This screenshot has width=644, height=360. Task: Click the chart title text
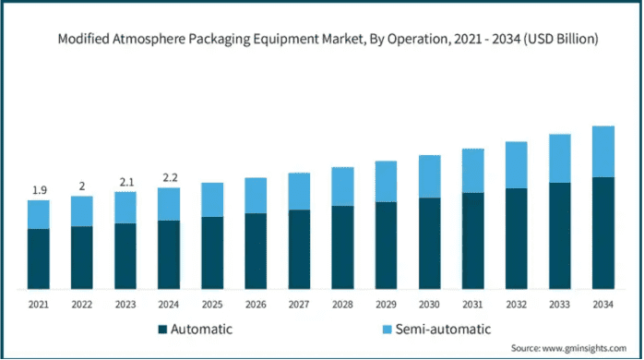(x=328, y=39)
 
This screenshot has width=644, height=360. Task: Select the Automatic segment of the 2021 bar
(x=39, y=258)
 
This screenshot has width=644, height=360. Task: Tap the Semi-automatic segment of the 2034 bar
(x=603, y=151)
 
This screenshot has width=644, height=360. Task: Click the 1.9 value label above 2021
(x=40, y=190)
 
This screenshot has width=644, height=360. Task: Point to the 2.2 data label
(x=170, y=177)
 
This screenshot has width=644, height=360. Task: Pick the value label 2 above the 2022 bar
(x=82, y=186)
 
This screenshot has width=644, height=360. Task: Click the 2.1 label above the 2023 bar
(x=126, y=182)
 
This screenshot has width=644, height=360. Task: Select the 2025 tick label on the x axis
(x=212, y=305)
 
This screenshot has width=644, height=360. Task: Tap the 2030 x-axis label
(x=429, y=305)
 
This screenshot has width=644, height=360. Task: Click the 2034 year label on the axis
(x=602, y=305)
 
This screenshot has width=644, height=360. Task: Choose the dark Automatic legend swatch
(x=162, y=330)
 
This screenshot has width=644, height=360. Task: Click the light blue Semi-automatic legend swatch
(x=387, y=330)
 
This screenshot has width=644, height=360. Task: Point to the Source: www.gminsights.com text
(x=569, y=348)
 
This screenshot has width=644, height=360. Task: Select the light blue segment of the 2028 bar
(x=342, y=186)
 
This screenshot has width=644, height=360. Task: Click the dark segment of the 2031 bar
(x=473, y=241)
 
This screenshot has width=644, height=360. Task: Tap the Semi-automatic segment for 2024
(x=169, y=204)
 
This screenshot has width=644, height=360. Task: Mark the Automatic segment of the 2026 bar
(x=256, y=251)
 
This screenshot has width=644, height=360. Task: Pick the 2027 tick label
(x=299, y=305)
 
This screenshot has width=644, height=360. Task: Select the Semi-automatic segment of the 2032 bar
(x=517, y=165)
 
